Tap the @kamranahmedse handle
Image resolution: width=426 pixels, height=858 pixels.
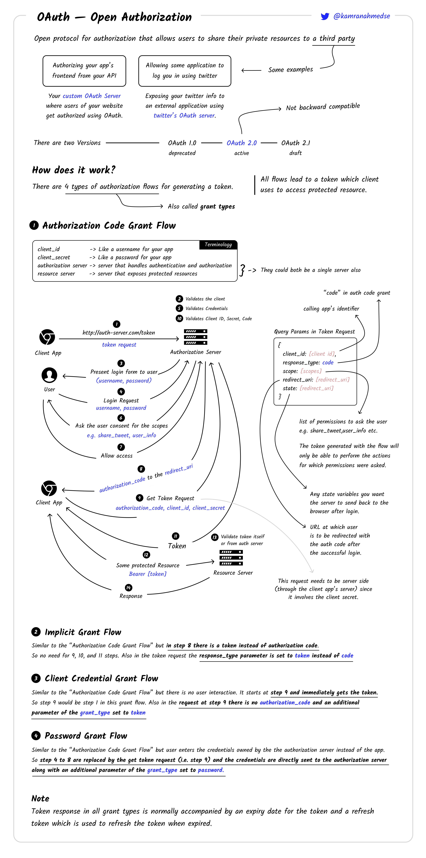pyautogui.click(x=362, y=16)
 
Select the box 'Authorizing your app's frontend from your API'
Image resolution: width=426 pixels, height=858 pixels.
pyautogui.click(x=84, y=71)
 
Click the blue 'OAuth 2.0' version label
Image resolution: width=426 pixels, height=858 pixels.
pyautogui.click(x=242, y=143)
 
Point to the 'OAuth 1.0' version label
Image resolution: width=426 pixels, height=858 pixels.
pyautogui.click(x=182, y=143)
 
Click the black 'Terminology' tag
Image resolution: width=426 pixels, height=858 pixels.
pyautogui.click(x=218, y=244)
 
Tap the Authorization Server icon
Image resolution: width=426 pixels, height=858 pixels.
pyautogui.click(x=196, y=337)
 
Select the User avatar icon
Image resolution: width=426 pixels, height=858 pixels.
pyautogui.click(x=49, y=375)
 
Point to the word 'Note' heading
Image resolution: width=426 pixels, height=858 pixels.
pyautogui.click(x=40, y=798)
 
